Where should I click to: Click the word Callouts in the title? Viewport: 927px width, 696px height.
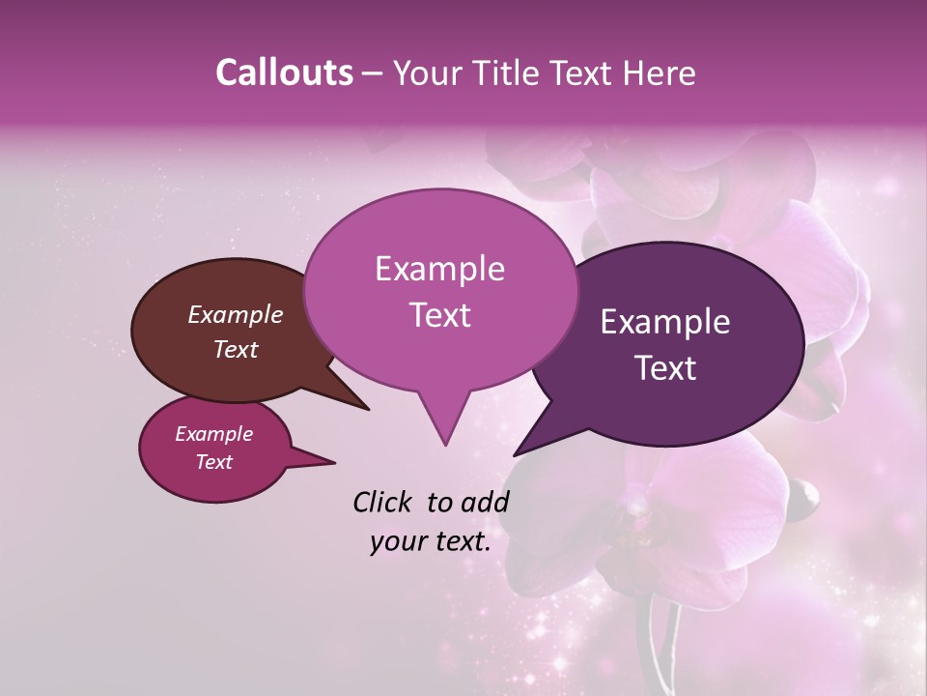click(284, 72)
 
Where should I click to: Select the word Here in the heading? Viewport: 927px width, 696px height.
click(660, 72)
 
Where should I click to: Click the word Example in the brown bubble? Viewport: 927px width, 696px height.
click(235, 314)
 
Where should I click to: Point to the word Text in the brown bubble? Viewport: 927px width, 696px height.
click(235, 349)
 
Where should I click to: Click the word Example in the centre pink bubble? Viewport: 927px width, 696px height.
click(439, 269)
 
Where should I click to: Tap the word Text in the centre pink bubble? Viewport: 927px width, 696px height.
click(439, 315)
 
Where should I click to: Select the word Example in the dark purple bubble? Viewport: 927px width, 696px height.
click(664, 322)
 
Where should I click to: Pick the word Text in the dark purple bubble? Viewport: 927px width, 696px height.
click(664, 368)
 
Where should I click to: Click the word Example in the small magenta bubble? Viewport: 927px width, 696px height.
click(213, 434)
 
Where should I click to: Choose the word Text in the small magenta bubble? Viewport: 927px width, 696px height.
click(213, 462)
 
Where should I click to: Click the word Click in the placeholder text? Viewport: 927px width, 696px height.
click(384, 502)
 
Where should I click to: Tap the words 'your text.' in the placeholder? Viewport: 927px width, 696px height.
click(430, 542)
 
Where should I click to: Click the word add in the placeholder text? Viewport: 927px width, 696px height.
click(486, 502)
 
